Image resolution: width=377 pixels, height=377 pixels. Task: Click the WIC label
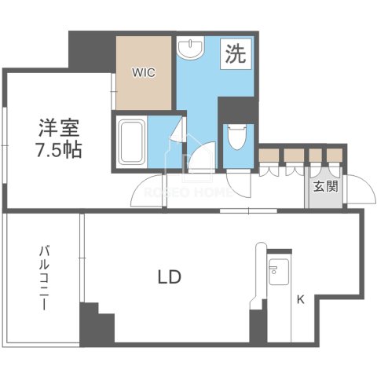tap(144, 72)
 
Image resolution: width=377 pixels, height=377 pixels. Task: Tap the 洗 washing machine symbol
tap(235, 55)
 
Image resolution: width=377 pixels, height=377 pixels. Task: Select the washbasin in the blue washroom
tap(190, 50)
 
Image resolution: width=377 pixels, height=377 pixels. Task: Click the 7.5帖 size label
tap(59, 148)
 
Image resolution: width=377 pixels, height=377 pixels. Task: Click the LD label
tap(170, 276)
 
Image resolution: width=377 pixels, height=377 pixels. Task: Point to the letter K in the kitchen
tap(300, 298)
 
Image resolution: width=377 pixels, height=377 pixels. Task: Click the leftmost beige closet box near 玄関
tap(270, 154)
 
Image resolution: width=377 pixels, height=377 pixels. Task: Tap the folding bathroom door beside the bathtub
tap(178, 141)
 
